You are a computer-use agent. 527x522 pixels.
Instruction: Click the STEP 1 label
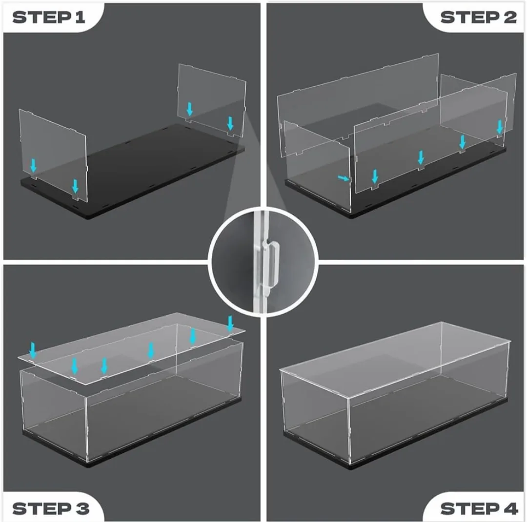click(x=49, y=18)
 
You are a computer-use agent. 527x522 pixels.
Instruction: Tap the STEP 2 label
click(x=478, y=18)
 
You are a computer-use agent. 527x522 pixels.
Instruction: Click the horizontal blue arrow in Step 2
click(x=344, y=179)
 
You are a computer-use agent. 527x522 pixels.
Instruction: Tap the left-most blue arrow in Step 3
click(x=33, y=349)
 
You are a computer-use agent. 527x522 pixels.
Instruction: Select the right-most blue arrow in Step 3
click(x=231, y=323)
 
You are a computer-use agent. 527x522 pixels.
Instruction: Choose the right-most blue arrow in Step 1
click(x=230, y=123)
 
